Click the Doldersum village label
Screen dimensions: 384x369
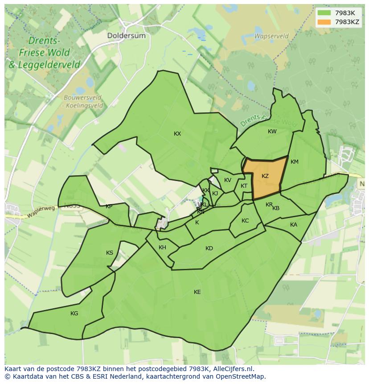[x=126, y=35]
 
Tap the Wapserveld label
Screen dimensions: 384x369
[x=271, y=36]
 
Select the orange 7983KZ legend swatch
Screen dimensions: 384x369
[x=324, y=22]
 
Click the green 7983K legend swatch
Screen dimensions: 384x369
[x=324, y=13]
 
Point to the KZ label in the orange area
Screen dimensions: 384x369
[x=265, y=176]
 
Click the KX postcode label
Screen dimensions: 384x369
[x=177, y=134]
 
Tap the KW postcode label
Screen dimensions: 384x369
[x=272, y=132]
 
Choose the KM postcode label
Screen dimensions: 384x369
[x=294, y=162]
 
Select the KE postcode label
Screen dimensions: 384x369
[x=197, y=292]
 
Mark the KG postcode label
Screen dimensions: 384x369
[x=74, y=314]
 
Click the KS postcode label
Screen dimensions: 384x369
[x=110, y=253]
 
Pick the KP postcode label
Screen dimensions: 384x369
[x=109, y=206]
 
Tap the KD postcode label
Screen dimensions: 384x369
[x=209, y=248]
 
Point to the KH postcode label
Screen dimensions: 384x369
[x=162, y=248]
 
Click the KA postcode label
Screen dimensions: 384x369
[x=293, y=225]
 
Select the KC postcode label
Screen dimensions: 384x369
[x=245, y=221]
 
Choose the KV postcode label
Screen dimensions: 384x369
[x=228, y=180]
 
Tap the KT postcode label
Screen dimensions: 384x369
[x=244, y=186]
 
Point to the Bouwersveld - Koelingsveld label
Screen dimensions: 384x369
[x=83, y=102]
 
